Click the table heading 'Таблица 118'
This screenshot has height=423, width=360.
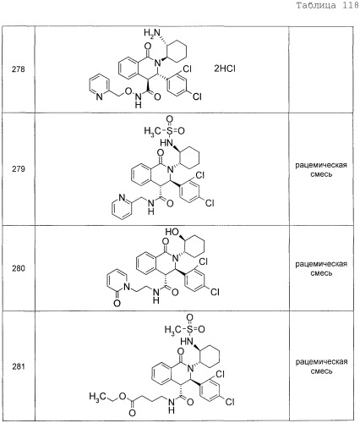(x=327, y=6)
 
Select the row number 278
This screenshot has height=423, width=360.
(x=19, y=69)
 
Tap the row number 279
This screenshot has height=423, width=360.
(x=19, y=169)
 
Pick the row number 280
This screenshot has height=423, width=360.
(x=19, y=268)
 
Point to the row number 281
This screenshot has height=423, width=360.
(x=19, y=366)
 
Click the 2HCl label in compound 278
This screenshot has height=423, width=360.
(x=225, y=69)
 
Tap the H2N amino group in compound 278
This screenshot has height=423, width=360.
(x=151, y=33)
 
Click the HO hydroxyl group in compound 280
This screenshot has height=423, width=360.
(x=172, y=232)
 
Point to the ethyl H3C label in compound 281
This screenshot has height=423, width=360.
(x=97, y=397)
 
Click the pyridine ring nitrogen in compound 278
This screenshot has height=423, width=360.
(x=99, y=96)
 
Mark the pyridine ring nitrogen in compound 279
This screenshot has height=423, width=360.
(x=122, y=198)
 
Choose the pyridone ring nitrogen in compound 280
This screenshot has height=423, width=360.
(x=127, y=287)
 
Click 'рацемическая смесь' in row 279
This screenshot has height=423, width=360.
(x=321, y=169)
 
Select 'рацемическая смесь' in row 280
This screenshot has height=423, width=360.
(x=321, y=268)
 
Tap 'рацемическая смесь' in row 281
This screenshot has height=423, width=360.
(x=321, y=366)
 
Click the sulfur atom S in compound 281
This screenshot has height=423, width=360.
(x=189, y=329)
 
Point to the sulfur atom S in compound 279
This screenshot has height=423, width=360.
(x=169, y=130)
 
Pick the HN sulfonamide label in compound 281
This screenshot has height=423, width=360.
(x=187, y=342)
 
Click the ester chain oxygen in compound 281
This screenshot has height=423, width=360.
(x=123, y=396)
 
